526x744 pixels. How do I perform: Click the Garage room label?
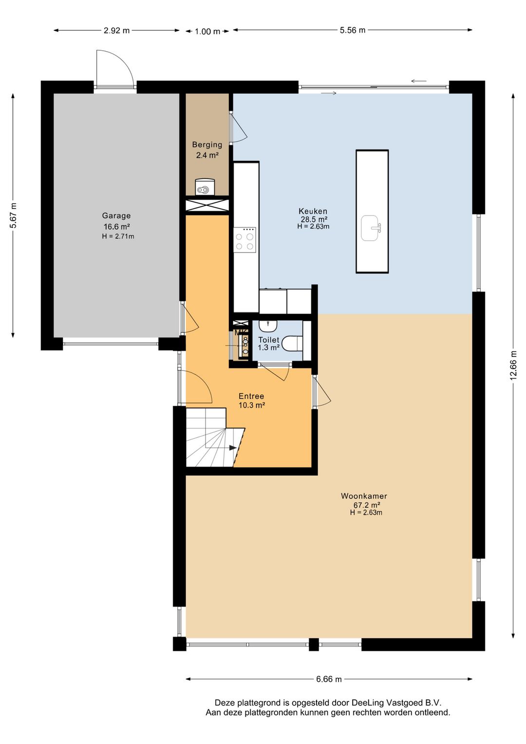116,215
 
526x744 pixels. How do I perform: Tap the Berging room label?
207,144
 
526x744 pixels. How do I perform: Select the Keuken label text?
313,211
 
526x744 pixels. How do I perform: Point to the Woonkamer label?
364,496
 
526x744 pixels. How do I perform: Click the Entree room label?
251,396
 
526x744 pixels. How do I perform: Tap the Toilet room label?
269,340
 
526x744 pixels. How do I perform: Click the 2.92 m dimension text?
116,31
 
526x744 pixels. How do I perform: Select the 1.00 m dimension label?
207,32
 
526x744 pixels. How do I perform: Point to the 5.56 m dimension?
353,30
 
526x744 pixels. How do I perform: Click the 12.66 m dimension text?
513,365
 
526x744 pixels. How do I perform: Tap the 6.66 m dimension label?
329,679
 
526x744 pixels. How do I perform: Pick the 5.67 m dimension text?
13,215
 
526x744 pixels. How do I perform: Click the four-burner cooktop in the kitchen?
244,240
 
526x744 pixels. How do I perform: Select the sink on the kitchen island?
370,228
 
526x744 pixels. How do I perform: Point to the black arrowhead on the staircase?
233,448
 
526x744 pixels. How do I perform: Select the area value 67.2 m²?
366,505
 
